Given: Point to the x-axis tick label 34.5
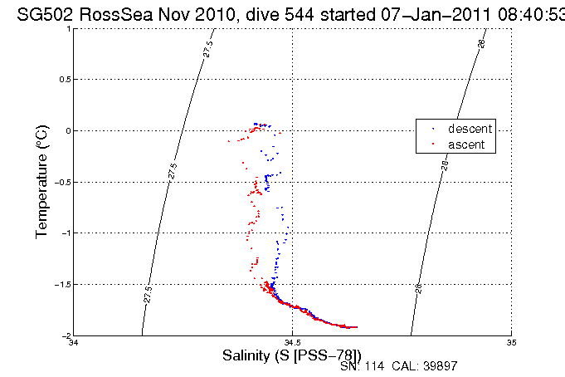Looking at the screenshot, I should tap(292, 342).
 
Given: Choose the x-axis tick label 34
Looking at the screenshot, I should tap(73, 342).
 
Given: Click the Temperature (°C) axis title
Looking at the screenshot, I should tap(42, 182).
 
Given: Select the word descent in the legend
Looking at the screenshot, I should tap(470, 130).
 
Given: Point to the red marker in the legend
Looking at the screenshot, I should tap(432, 144).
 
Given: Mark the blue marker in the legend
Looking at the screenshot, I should tap(432, 130).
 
